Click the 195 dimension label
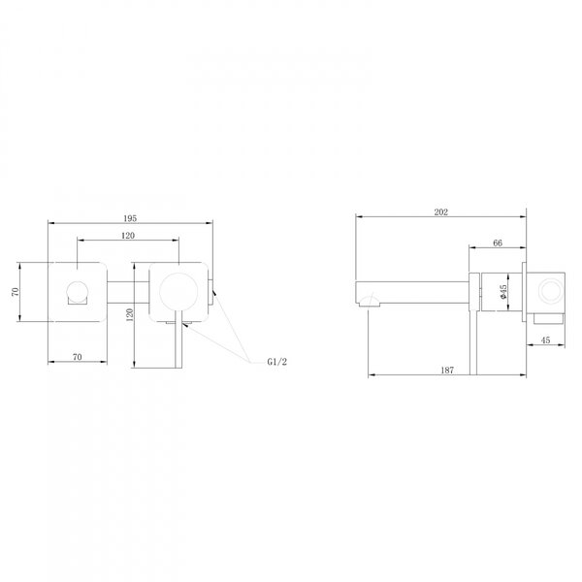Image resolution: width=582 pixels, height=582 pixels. coord(130,218)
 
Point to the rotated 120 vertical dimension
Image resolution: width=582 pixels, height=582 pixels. coord(130,314)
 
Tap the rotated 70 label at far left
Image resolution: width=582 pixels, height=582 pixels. coord(15,292)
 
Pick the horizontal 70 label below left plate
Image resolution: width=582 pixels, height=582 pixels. coord(78,357)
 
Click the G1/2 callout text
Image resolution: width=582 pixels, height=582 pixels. coord(276,362)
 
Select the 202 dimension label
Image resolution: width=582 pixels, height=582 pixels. coord(441,211)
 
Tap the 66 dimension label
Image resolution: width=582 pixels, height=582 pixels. coord(498,242)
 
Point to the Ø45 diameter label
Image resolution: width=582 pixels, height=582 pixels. coord(502,292)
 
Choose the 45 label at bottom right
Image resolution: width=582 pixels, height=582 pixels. coord(545,340)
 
